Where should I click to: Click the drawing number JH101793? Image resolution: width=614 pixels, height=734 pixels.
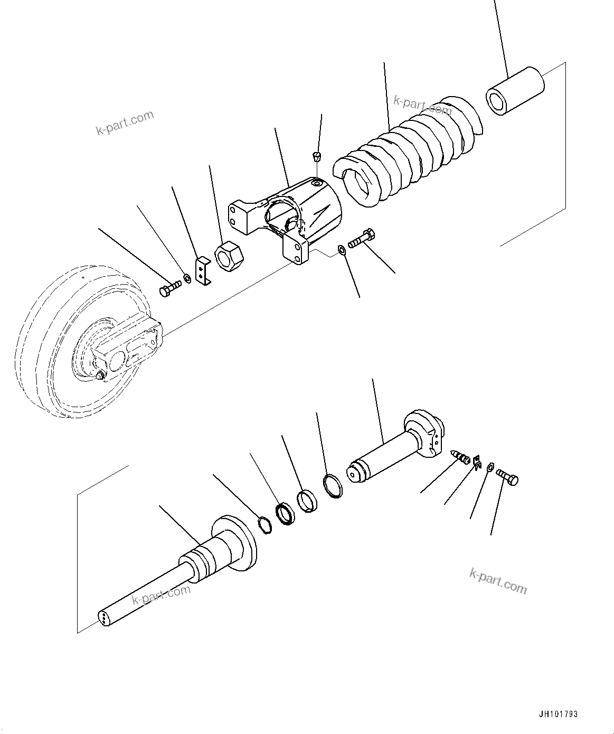559,714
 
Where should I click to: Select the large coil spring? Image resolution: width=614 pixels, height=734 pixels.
407,153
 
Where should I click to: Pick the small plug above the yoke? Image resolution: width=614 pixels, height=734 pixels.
316,156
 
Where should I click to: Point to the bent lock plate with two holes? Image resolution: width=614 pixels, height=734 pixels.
202,271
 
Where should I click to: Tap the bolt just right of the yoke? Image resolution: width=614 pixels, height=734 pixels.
361,239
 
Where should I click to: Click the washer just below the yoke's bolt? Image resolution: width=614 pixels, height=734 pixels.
342,249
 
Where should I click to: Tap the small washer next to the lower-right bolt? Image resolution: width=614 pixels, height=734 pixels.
489,467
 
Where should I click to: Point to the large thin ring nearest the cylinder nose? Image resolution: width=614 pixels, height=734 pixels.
332,485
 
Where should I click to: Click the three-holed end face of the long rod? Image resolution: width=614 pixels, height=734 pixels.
104,619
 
